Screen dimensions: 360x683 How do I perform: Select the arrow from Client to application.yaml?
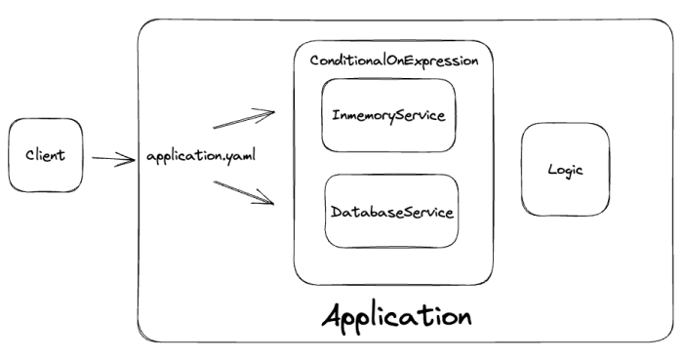click(114, 158)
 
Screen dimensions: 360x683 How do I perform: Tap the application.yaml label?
click(201, 157)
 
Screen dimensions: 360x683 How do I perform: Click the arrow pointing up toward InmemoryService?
click(244, 119)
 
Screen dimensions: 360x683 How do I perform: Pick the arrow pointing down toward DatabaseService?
click(244, 190)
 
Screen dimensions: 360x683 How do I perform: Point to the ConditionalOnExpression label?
click(394, 61)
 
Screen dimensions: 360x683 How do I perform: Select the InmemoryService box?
click(387, 115)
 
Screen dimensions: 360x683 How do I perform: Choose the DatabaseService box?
click(391, 211)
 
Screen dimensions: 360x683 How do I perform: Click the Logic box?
click(566, 169)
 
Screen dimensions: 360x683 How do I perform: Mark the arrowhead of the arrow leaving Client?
click(130, 159)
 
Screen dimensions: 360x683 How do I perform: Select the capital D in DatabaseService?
click(336, 212)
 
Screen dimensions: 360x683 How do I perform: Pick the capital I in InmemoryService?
click(334, 115)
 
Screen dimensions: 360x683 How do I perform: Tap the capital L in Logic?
click(552, 169)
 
